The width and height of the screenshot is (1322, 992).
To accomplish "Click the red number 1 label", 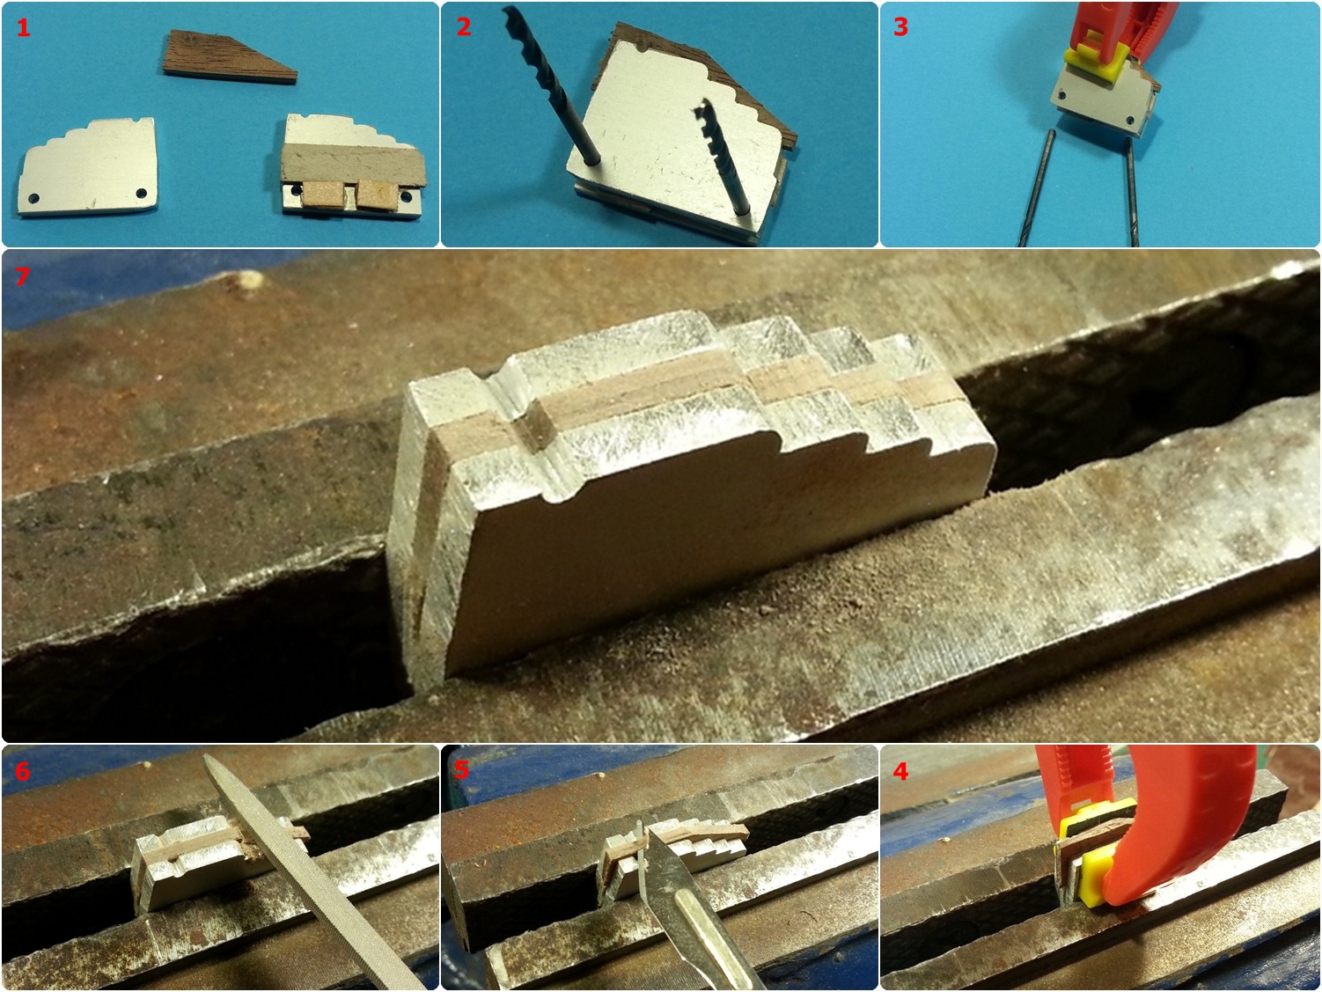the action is (x=23, y=27).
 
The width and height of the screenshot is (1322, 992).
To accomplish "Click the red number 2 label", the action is (x=463, y=27).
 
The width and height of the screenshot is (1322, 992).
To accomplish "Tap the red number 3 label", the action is (x=900, y=27).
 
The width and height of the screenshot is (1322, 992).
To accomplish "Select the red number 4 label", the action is (x=900, y=772).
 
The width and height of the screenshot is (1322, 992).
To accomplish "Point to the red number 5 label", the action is (x=461, y=771).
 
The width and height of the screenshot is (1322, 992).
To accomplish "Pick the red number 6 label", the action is (x=22, y=772).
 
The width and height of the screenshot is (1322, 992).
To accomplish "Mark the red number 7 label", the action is (x=22, y=276).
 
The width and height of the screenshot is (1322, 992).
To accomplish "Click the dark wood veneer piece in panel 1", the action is (x=229, y=57).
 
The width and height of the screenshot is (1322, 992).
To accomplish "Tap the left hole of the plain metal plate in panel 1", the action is (x=33, y=197).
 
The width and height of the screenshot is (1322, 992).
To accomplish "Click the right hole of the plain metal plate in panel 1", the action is (x=142, y=194).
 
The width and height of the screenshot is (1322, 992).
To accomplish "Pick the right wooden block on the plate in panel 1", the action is (x=378, y=193).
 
